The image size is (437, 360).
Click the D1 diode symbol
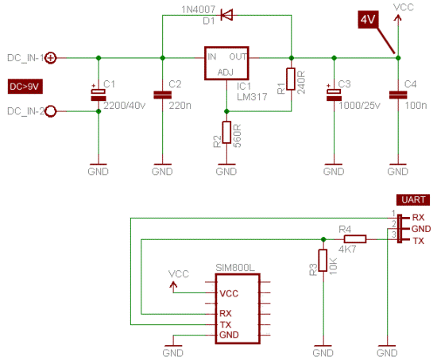pyautogui.click(x=226, y=15)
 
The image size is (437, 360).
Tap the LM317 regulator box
pyautogui.click(x=226, y=64)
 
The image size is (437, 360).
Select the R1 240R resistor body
pyautogui.click(x=291, y=79)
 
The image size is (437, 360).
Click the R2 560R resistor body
pyautogui.click(x=226, y=132)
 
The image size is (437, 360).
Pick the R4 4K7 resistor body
pyautogui.click(x=355, y=239)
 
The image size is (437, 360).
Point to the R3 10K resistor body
pyautogui.click(x=323, y=260)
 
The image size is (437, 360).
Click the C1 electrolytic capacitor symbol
pyautogui.click(x=99, y=94)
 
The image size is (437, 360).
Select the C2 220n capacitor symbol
pyautogui.click(x=162, y=95)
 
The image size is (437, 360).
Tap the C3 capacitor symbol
pyautogui.click(x=334, y=94)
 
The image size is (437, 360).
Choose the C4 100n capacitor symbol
pyautogui.click(x=398, y=95)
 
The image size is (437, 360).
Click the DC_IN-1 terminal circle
pyautogui.click(x=51, y=58)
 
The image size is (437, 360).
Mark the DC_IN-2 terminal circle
pyautogui.click(x=51, y=111)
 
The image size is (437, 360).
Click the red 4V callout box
pyautogui.click(x=368, y=20)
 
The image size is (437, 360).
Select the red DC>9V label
pyautogui.click(x=25, y=87)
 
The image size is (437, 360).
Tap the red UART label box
pyautogui.click(x=413, y=199)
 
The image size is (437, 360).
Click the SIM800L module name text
pyautogui.click(x=235, y=268)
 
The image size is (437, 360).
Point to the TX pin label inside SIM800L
pyautogui.click(x=226, y=324)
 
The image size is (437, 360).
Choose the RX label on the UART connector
pyautogui.click(x=418, y=217)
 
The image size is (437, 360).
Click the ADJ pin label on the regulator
pyautogui.click(x=225, y=72)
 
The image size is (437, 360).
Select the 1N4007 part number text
pyautogui.click(x=199, y=10)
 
